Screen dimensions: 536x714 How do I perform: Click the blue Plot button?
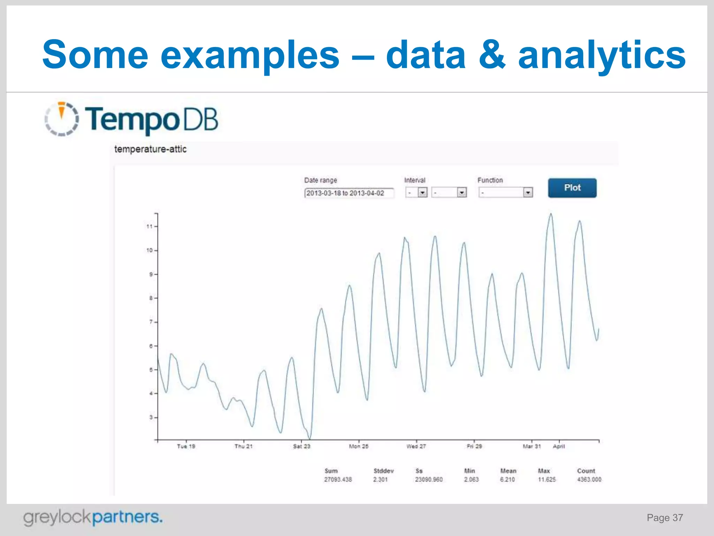coord(572,188)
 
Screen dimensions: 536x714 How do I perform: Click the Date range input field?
coord(349,193)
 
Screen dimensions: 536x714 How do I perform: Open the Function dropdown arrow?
coord(528,192)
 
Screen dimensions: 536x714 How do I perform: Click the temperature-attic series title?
coord(150,149)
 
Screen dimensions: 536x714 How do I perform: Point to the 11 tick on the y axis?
coord(150,226)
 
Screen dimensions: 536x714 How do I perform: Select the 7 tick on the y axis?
coord(151,322)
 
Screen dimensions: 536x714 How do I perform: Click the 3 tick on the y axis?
coord(151,417)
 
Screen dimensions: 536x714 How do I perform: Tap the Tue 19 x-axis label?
coord(186,446)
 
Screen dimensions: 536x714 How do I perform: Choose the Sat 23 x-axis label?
coord(302,446)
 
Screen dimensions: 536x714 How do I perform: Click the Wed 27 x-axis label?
coord(416,446)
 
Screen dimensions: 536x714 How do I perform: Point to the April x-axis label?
coord(559,446)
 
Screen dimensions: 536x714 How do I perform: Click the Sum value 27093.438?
coord(338,479)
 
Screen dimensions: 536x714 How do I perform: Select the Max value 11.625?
coord(547,479)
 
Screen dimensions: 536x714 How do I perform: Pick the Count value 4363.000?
coord(589,479)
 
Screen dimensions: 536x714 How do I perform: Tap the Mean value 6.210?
coord(507,479)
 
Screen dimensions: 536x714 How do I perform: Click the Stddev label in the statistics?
coord(383,471)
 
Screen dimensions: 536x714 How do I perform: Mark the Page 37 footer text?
coord(664,518)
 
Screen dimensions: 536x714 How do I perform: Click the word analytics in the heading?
coord(602,55)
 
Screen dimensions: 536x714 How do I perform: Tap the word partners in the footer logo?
coord(127,517)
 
